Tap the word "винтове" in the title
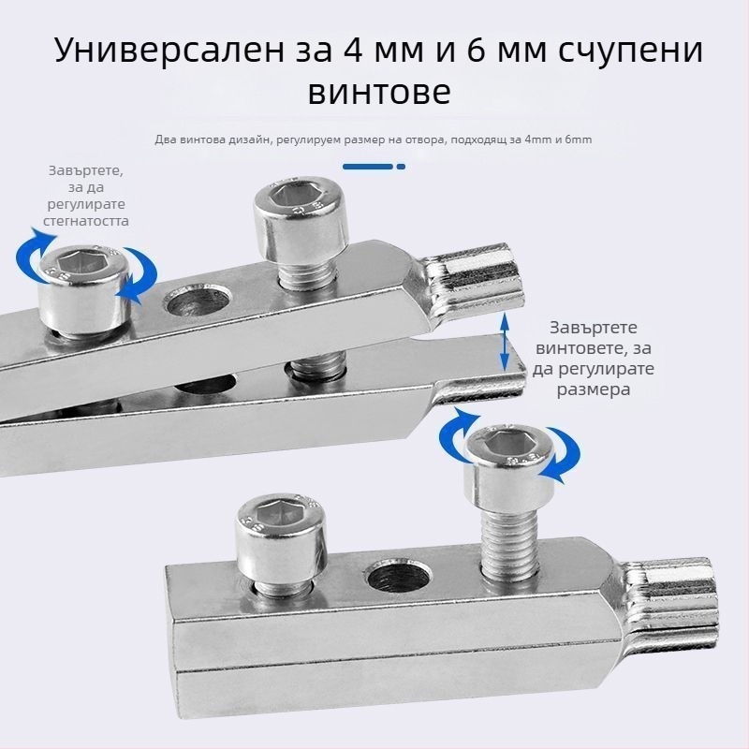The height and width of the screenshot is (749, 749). click(x=379, y=91)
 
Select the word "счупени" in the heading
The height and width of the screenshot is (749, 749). click(x=630, y=51)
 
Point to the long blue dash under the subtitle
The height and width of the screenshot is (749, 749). click(x=368, y=167)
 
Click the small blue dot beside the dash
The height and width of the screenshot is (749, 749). click(x=402, y=167)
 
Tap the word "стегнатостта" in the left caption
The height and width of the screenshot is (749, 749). click(x=86, y=221)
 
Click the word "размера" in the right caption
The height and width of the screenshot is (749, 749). click(x=594, y=389)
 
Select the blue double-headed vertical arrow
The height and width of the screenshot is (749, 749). click(x=504, y=342)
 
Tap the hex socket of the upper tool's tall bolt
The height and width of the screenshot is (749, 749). click(x=293, y=197)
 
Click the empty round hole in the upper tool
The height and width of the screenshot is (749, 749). click(x=198, y=302)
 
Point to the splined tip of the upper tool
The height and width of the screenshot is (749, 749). click(x=474, y=283)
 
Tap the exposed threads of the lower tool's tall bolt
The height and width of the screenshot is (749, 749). click(x=509, y=544)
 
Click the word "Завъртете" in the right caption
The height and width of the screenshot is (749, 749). click(x=594, y=328)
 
